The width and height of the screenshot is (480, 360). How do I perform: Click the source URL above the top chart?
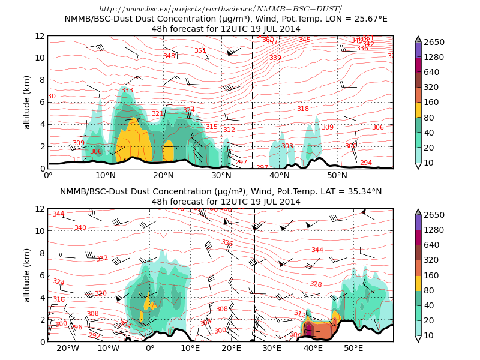tap(220, 8)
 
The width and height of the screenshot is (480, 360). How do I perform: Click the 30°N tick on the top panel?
tap(222, 175)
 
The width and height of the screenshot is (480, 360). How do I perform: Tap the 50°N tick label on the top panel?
tap(338, 175)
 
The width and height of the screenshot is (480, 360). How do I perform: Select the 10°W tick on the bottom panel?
tap(109, 348)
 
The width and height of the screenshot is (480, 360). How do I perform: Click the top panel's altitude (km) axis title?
tap(27, 102)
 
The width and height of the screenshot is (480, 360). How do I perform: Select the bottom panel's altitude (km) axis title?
tap(27, 275)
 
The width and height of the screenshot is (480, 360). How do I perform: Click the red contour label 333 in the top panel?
tap(127, 91)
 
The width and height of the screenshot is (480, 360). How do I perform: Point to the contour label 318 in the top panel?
tap(303, 109)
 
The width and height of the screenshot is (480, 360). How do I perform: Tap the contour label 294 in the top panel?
tap(365, 163)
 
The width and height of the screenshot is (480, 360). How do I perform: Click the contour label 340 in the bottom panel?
tap(80, 228)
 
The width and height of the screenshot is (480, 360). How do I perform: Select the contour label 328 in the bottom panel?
tap(316, 284)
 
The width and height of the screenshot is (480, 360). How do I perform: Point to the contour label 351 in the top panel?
tap(200, 51)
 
